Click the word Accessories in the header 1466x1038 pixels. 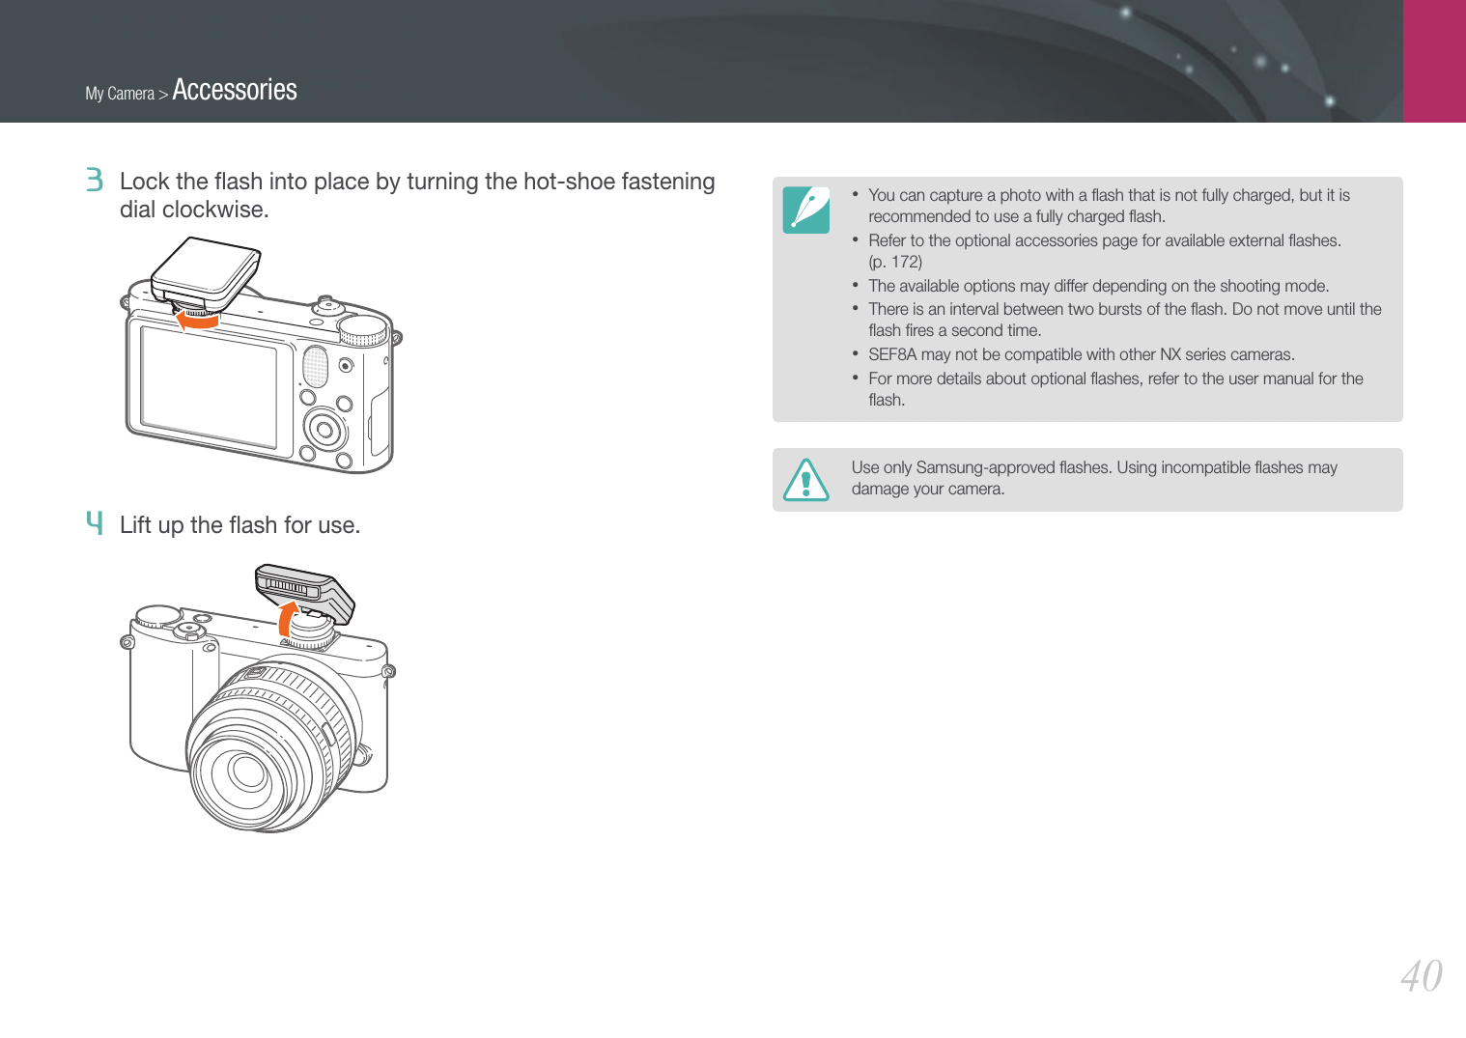tap(235, 90)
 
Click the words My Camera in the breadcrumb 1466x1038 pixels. tap(120, 94)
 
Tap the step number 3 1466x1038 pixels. tap(95, 180)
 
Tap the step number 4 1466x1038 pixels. tap(95, 523)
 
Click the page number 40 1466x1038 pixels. tap(1421, 977)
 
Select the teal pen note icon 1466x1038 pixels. tap(805, 210)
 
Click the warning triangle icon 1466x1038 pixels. tap(805, 480)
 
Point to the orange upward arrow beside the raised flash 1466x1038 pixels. tap(286, 619)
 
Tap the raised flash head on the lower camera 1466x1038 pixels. tap(304, 591)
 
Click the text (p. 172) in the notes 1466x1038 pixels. tap(894, 262)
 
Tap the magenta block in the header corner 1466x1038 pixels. tap(1434, 61)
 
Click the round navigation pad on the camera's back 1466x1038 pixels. tap(324, 430)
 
